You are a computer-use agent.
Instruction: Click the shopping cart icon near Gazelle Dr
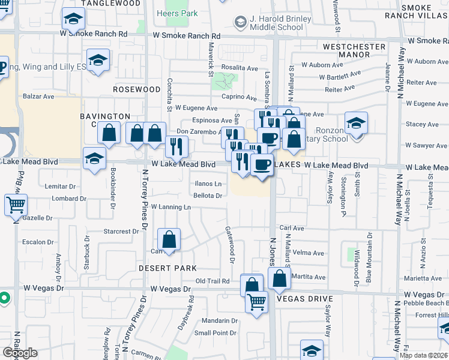[x=16, y=205]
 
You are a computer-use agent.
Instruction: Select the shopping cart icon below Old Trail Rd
[x=257, y=302]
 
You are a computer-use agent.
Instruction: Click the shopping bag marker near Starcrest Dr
[x=170, y=240]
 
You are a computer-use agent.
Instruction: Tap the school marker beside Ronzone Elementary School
[x=356, y=124]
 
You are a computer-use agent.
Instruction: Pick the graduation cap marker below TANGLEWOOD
[x=73, y=22]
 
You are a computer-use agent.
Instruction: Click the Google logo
[x=19, y=353]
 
